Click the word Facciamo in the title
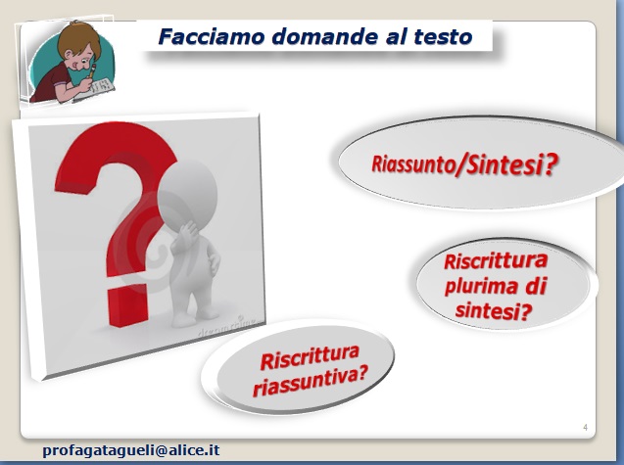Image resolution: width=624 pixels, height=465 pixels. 212,36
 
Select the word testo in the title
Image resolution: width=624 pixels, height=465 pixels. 443,37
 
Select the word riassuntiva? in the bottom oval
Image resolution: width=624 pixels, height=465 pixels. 310,382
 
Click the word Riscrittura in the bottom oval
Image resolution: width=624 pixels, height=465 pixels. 310,357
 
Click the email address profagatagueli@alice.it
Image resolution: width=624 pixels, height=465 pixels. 131,450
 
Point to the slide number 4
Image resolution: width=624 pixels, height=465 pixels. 585,427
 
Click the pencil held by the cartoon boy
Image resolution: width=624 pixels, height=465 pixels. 92,70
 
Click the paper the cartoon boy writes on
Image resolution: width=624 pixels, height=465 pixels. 97,88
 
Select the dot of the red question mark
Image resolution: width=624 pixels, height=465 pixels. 127,306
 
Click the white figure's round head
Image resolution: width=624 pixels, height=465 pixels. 187,192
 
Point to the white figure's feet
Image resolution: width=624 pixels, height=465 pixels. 195,317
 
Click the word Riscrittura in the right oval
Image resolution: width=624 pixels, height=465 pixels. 496,261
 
